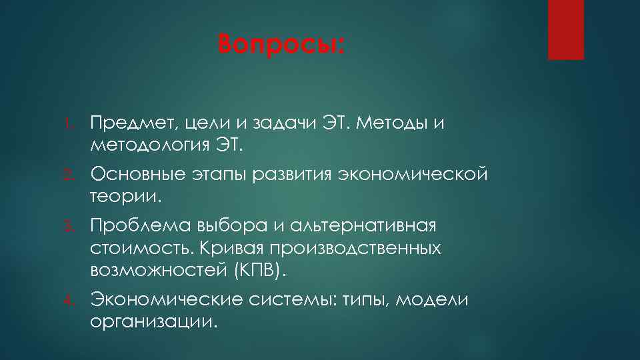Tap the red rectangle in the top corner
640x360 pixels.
tap(565, 29)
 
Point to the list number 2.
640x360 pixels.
tap(77, 175)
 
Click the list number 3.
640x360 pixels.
tap(77, 227)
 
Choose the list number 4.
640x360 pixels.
tap(77, 301)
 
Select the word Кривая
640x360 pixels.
tap(226, 248)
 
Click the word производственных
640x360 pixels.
tap(355, 248)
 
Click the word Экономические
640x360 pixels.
tap(166, 300)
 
